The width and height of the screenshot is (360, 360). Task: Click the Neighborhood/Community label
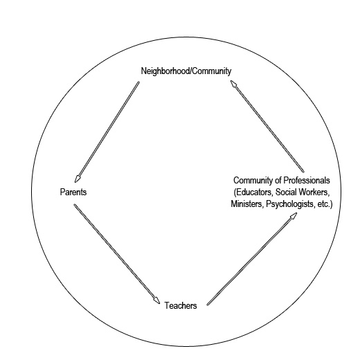[x=186, y=71]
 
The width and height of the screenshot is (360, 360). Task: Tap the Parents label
[x=73, y=192]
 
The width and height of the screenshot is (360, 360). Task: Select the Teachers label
[x=181, y=305]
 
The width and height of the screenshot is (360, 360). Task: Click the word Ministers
[x=247, y=204]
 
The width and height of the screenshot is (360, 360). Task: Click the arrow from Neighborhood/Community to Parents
[x=107, y=132]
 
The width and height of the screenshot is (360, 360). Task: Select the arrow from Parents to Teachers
[x=117, y=254]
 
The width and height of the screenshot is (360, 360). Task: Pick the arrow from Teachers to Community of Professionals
[x=252, y=259]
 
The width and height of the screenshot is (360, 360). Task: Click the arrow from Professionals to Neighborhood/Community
[x=267, y=126]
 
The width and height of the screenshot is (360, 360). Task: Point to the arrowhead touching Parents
[x=78, y=179]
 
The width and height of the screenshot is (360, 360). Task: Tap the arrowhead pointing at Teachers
[x=157, y=300]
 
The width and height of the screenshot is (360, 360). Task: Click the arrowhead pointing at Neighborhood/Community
[x=233, y=84]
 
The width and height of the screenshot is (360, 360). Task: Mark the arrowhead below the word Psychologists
[x=294, y=215]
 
